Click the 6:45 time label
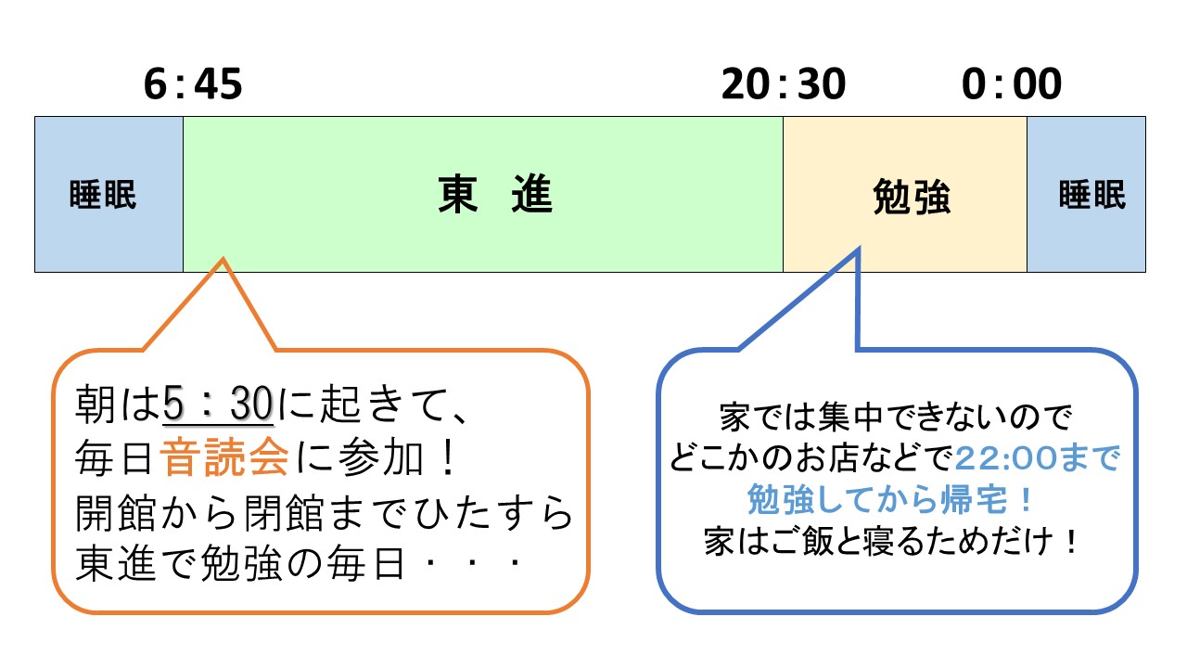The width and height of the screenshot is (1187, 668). pyautogui.click(x=193, y=84)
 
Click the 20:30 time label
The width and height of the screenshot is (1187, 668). pyautogui.click(x=784, y=84)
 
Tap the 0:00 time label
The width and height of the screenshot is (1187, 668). pyautogui.click(x=1011, y=84)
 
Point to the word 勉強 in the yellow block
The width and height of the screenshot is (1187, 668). pyautogui.click(x=913, y=197)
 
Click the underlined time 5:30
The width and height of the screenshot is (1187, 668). pyautogui.click(x=217, y=405)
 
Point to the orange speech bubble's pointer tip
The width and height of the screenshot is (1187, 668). pyautogui.click(x=223, y=259)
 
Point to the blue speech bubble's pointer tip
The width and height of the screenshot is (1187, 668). pyautogui.click(x=859, y=249)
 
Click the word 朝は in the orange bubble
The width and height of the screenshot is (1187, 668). pyautogui.click(x=118, y=405)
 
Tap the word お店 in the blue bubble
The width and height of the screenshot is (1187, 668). pyautogui.click(x=845, y=458)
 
